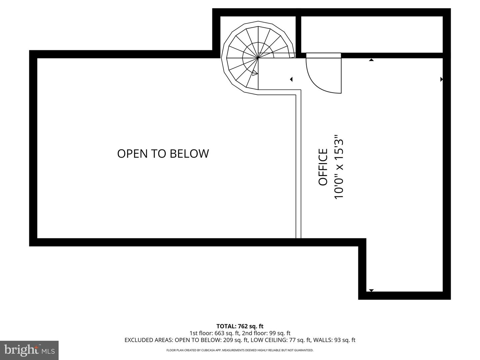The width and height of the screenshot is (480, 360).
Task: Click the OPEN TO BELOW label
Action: (163, 154)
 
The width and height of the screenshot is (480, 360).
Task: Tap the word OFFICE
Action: (323, 167)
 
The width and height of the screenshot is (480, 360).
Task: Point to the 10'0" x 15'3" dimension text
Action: (339, 167)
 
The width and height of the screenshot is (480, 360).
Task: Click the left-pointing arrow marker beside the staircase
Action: (291, 79)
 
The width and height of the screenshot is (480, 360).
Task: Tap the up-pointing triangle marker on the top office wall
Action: (371, 60)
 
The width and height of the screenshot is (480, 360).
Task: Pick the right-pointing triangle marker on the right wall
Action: (441, 79)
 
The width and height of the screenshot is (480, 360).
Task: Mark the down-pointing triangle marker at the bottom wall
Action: (371, 290)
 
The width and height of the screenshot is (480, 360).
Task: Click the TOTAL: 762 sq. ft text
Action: (240, 326)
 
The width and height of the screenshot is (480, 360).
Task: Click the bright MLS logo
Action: (29, 350)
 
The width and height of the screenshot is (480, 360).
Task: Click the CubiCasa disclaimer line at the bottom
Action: (240, 350)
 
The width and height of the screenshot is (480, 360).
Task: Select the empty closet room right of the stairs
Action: (372, 34)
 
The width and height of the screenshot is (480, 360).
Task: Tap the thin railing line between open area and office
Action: (299, 167)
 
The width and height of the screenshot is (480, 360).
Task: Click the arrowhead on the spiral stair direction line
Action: (255, 73)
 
